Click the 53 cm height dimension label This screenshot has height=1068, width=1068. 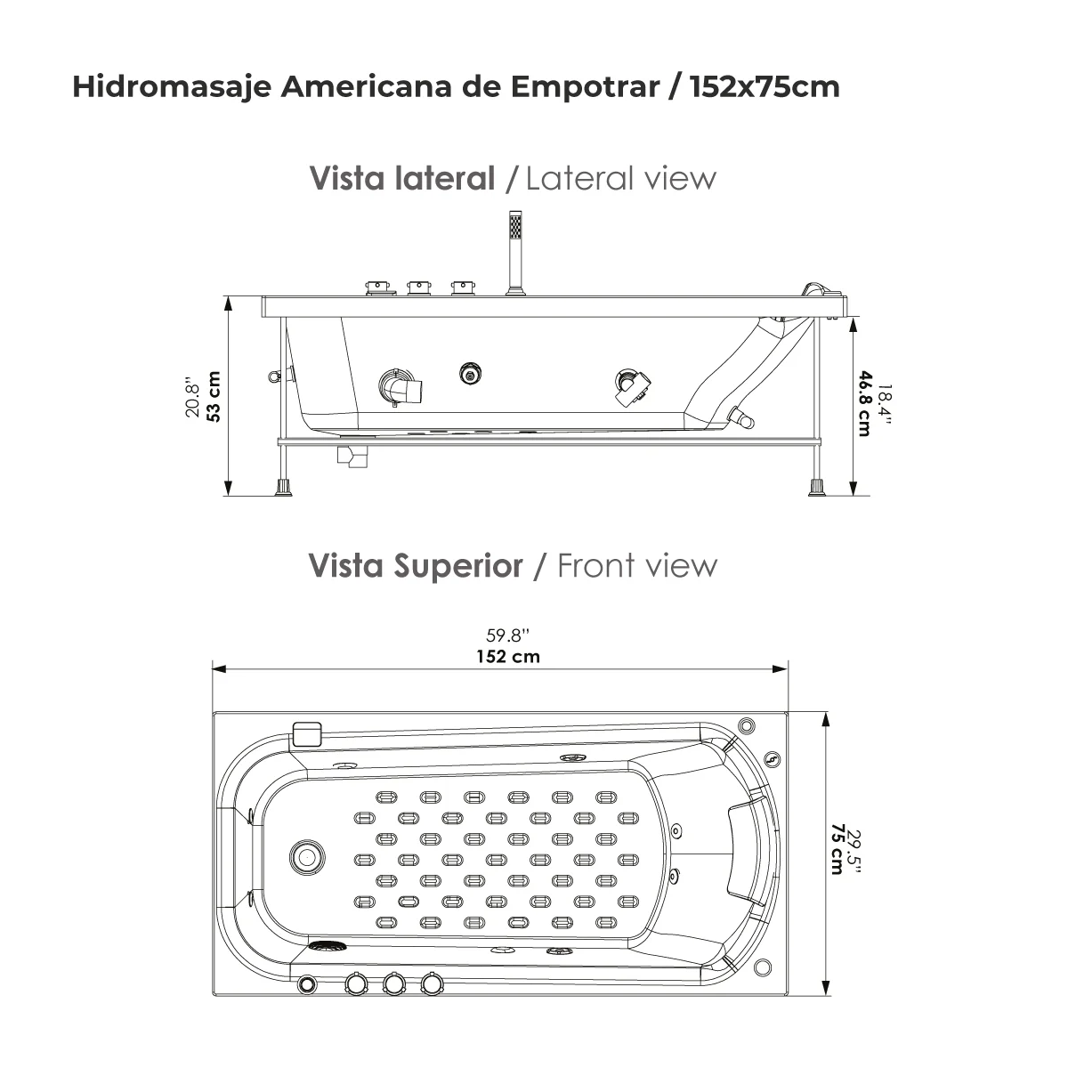click(213, 396)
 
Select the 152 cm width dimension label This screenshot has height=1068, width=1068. click(506, 657)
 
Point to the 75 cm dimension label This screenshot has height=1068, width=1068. click(837, 849)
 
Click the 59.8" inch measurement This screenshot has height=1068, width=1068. click(507, 635)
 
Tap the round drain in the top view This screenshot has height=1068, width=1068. click(305, 857)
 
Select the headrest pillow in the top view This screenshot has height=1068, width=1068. click(746, 849)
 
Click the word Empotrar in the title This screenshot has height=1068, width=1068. click(583, 87)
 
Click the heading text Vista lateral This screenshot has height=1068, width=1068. click(401, 178)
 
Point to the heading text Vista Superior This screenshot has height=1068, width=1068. click(416, 565)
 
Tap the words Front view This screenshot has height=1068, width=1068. click(636, 565)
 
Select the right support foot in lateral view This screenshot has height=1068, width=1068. click(816, 487)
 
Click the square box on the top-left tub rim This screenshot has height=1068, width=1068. click(306, 733)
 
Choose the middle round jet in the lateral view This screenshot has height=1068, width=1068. click(470, 374)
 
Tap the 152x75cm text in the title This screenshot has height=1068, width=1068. click(765, 87)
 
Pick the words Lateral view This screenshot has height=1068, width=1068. click(620, 178)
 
